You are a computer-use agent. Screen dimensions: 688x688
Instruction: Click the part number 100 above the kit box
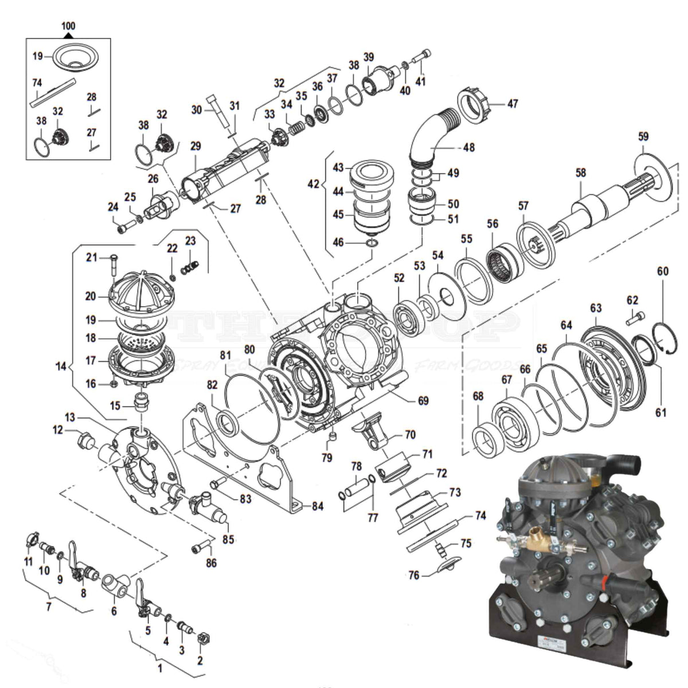point(68,26)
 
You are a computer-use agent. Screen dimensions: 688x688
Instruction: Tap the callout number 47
point(513,104)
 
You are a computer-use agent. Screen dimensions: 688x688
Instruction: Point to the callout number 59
point(643,136)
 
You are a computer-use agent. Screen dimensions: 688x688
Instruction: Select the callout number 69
point(423,401)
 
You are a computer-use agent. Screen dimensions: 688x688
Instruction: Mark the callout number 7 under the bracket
point(48,606)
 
